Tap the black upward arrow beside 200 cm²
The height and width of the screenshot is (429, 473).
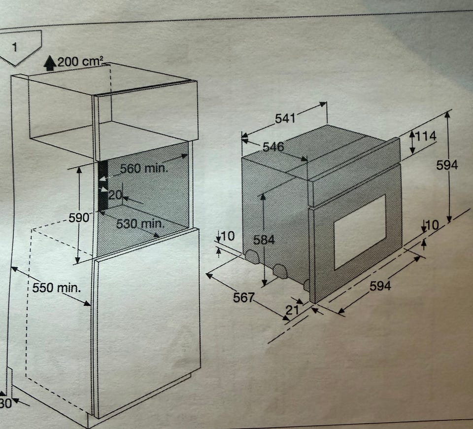50,63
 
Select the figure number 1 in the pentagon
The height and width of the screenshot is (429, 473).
15,47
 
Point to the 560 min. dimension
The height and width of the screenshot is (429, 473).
143,168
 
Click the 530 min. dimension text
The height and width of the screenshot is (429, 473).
140,224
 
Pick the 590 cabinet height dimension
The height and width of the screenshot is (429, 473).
79,217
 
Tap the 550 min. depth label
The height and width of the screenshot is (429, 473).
57,287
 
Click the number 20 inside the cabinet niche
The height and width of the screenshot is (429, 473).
115,195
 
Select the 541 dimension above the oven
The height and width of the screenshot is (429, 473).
285,118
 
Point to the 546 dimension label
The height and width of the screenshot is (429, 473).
273,147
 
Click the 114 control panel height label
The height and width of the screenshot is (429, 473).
426,136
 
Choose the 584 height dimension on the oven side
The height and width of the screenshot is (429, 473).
264,240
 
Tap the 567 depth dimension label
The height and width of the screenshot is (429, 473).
244,298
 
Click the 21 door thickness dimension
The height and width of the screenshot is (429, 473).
292,310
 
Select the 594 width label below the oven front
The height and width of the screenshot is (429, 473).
380,286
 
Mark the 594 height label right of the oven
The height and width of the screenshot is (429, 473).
447,165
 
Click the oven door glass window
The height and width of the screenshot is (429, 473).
360,232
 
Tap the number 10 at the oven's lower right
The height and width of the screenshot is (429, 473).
432,225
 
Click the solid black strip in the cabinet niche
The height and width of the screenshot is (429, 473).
103,186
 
